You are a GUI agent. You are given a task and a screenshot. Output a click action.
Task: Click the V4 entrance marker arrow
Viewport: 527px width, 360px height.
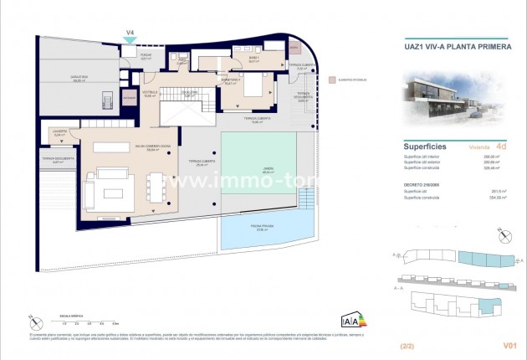tap(130, 42)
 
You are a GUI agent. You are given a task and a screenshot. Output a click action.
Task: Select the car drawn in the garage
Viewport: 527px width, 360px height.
tap(106, 101)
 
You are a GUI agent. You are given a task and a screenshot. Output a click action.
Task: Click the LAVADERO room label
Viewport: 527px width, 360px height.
tap(59, 132)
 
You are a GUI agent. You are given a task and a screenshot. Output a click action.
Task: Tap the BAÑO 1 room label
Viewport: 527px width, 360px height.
tap(253, 60)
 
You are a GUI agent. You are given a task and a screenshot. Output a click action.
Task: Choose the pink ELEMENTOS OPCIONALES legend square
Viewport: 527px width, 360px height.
tap(333, 80)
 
